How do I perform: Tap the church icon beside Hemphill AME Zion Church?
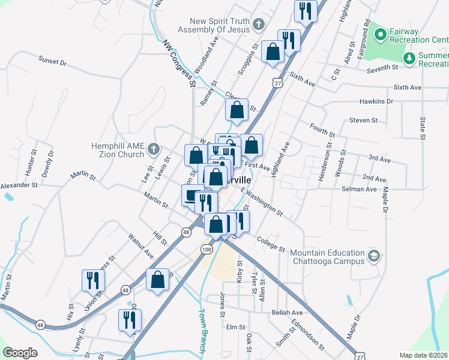(154, 148)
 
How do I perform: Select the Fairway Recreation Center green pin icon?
(379, 34)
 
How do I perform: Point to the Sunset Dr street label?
(53, 60)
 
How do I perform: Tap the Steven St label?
(363, 120)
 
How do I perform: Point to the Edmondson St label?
(307, 338)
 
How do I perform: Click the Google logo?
(20, 353)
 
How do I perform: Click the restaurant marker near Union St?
(93, 280)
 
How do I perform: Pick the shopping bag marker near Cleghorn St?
(237, 110)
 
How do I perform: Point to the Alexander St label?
(19, 185)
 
